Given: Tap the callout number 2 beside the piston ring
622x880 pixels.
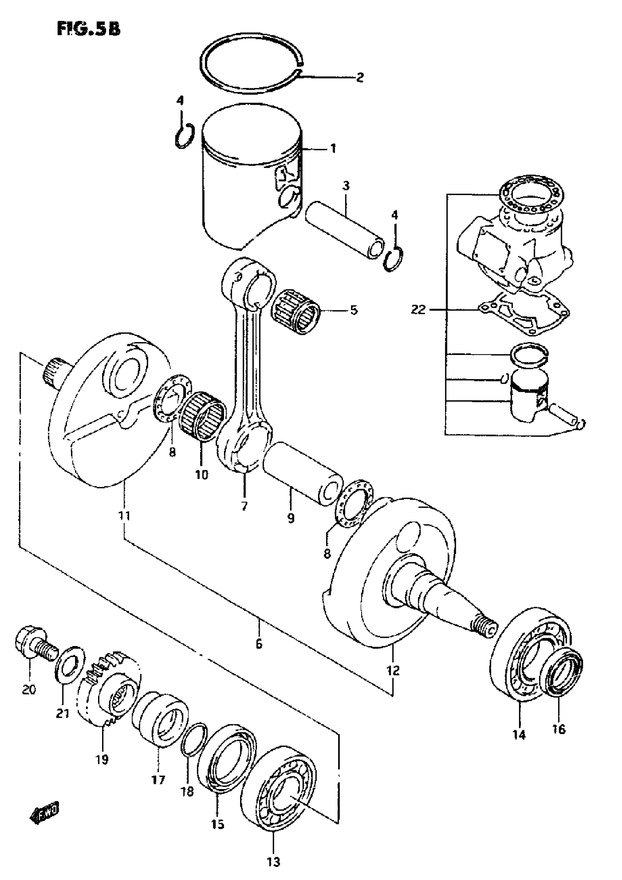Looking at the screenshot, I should (359, 78).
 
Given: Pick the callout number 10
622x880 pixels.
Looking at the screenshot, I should (202, 475).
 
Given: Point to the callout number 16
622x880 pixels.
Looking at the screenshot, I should (559, 729).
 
